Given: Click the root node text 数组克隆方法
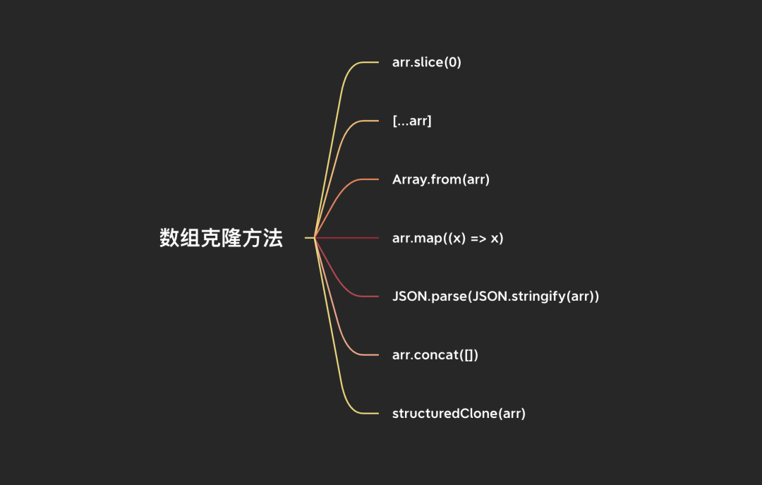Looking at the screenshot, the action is [x=221, y=239].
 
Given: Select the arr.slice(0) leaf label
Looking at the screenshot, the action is [x=426, y=63].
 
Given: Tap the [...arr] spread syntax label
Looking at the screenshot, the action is [x=411, y=121].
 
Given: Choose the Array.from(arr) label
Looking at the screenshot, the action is [x=440, y=179].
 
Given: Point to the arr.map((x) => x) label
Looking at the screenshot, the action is [x=447, y=238].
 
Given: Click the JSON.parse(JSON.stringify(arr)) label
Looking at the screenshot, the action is [x=495, y=297].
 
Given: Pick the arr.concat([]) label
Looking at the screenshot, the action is [x=435, y=355].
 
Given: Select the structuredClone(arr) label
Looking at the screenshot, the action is [x=459, y=414].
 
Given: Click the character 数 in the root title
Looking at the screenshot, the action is [x=169, y=239].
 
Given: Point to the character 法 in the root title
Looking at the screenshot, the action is [x=274, y=239].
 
